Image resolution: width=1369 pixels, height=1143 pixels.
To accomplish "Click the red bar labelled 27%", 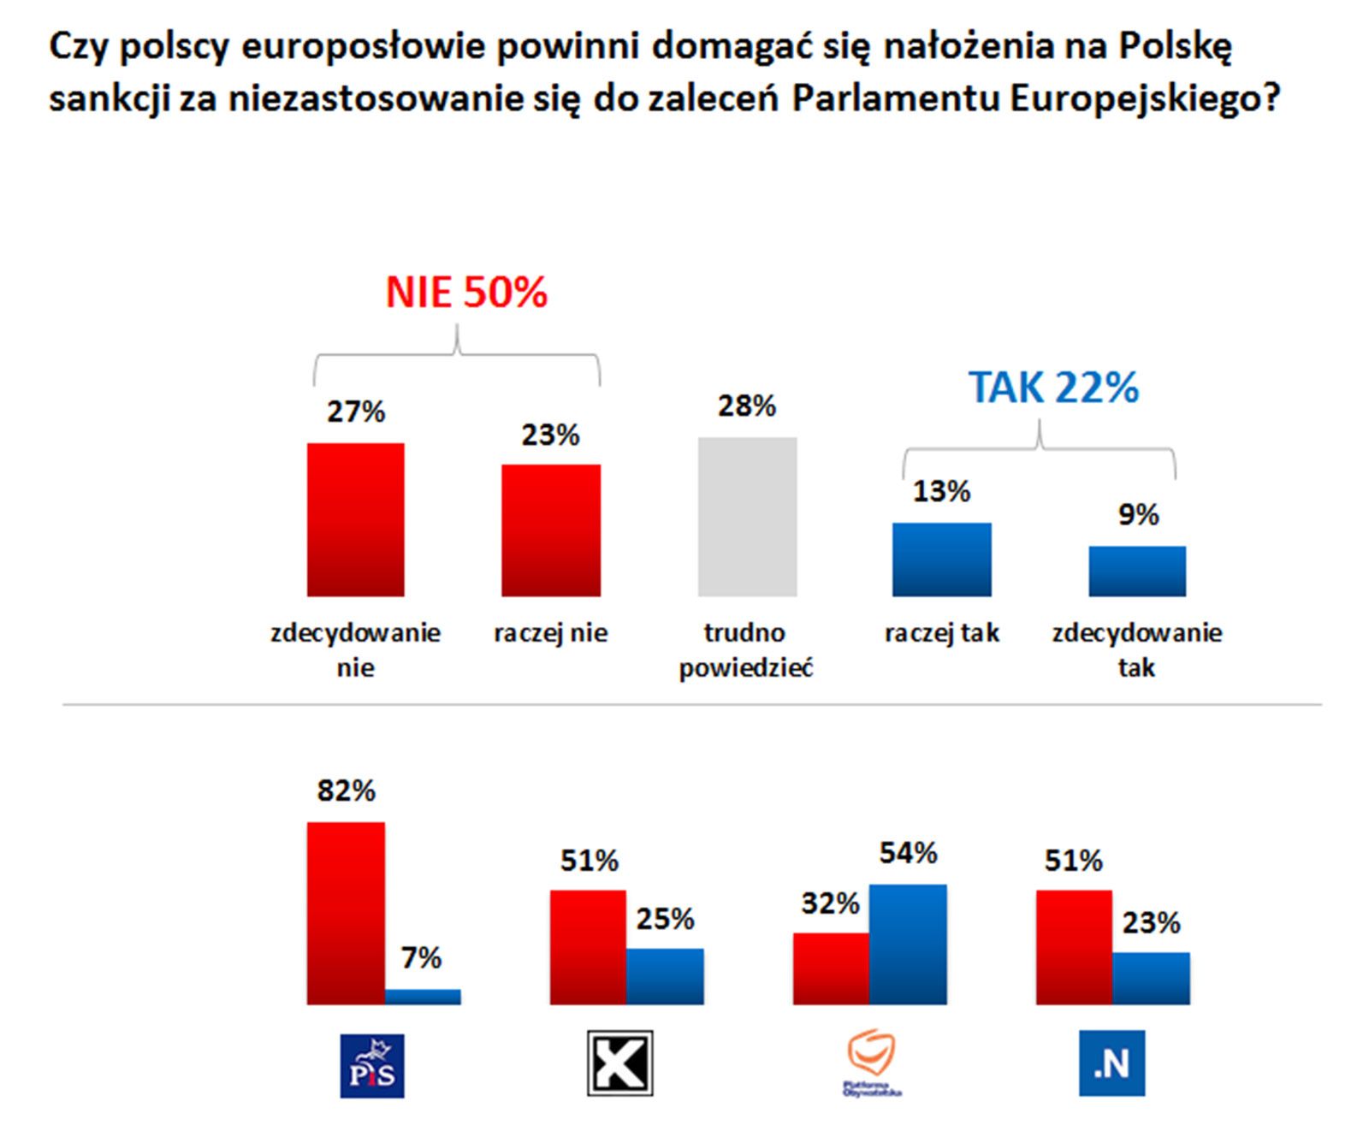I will click(x=355, y=519).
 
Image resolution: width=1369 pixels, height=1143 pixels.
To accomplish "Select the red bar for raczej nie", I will click(x=550, y=530).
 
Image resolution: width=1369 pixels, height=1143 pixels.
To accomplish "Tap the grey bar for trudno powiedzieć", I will click(x=747, y=517).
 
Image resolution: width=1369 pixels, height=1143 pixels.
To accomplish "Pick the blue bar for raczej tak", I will click(x=941, y=560).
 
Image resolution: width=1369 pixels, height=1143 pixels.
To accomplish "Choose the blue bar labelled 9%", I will click(x=1137, y=571).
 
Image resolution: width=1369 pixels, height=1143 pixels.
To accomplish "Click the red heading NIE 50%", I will click(x=466, y=293).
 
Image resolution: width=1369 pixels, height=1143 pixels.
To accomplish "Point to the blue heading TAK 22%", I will click(x=1053, y=388).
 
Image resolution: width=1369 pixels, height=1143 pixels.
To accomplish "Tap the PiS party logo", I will click(x=372, y=1066).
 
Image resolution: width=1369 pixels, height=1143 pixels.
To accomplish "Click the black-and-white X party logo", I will click(x=619, y=1063).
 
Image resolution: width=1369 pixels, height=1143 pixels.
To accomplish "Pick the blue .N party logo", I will click(x=1111, y=1063).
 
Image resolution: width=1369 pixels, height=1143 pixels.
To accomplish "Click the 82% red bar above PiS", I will click(x=346, y=913).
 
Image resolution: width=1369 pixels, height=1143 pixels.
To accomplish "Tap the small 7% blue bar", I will click(x=423, y=997).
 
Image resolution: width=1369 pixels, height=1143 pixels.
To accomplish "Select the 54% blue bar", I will click(x=908, y=944).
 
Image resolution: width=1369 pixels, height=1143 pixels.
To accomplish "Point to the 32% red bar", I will click(x=831, y=968).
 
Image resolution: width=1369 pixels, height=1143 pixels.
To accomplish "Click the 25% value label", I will click(x=665, y=919).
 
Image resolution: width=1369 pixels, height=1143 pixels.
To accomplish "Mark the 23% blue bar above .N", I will click(x=1151, y=978).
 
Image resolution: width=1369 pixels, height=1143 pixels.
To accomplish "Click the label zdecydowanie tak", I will click(x=1136, y=649).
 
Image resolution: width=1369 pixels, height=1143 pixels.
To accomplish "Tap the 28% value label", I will click(x=746, y=406).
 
